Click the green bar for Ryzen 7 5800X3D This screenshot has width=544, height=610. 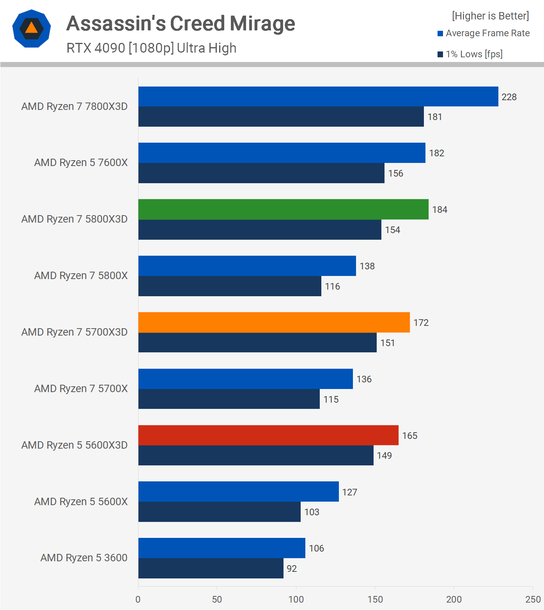click(x=283, y=209)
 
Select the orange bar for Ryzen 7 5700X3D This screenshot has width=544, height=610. click(x=274, y=322)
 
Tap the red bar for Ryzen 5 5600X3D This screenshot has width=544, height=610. click(x=268, y=435)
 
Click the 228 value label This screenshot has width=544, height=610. click(x=509, y=97)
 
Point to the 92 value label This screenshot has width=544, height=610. click(x=292, y=569)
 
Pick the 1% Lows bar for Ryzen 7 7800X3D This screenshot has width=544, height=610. click(x=281, y=117)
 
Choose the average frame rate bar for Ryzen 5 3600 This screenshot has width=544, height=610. click(x=221, y=548)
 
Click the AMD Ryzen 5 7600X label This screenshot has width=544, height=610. click(x=81, y=163)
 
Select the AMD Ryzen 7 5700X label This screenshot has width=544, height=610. click(x=81, y=389)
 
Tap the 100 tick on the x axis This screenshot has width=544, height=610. click(x=296, y=599)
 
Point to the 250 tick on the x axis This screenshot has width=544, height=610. click(x=533, y=599)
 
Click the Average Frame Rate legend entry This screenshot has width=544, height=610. click(x=484, y=34)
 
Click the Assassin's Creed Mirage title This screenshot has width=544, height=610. click(x=181, y=23)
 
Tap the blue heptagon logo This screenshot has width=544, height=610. click(x=32, y=28)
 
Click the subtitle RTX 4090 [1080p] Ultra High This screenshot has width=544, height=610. click(x=151, y=48)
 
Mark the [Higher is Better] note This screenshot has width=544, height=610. click(x=490, y=16)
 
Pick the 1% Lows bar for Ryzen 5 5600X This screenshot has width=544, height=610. click(x=219, y=512)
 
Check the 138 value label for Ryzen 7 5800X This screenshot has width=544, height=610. click(x=367, y=266)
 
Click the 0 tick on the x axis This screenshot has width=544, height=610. click(x=138, y=599)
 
